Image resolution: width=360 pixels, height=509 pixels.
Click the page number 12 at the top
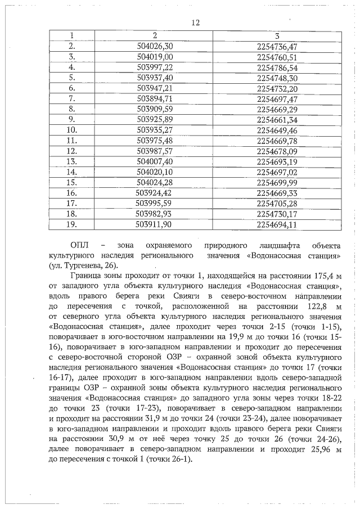pyautogui.click(x=196, y=23)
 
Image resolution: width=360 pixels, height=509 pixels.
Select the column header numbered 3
pyautogui.click(x=277, y=35)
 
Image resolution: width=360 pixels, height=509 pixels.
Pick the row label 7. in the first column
pyautogui.click(x=71, y=98)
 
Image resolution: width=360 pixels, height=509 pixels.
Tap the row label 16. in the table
pyautogui.click(x=71, y=193)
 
